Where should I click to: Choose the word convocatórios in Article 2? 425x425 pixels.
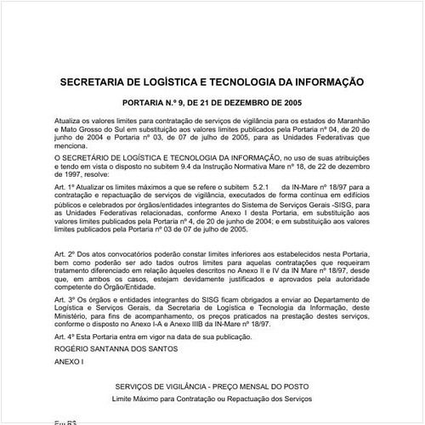[140, 256]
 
